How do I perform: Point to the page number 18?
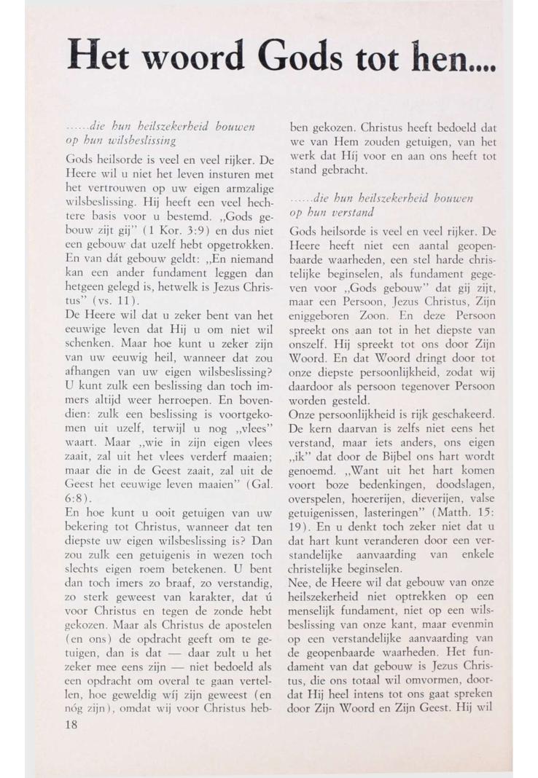click(x=73, y=726)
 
